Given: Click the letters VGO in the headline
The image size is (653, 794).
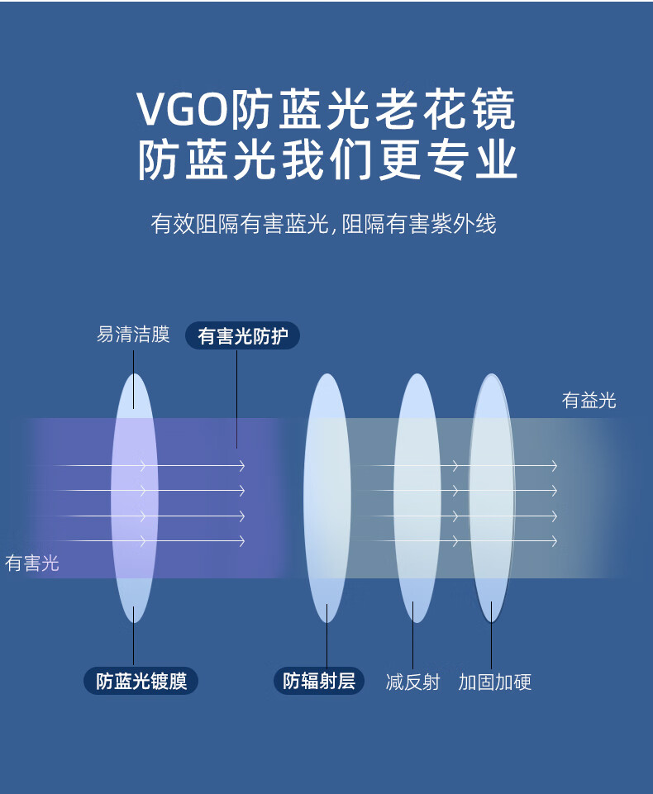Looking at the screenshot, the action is click(184, 110).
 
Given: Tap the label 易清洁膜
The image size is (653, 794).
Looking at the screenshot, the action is click(133, 335).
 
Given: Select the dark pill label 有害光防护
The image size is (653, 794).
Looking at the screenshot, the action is click(242, 336).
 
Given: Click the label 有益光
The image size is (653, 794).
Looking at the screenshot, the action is click(589, 401).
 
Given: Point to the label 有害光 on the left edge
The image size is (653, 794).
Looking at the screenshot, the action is click(32, 563).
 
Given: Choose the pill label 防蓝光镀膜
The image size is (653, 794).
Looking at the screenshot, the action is click(141, 681).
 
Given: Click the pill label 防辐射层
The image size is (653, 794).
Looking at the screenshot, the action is click(318, 681).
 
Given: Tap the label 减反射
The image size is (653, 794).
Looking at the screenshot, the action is click(412, 682).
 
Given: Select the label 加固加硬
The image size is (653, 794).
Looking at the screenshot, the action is click(494, 682).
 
